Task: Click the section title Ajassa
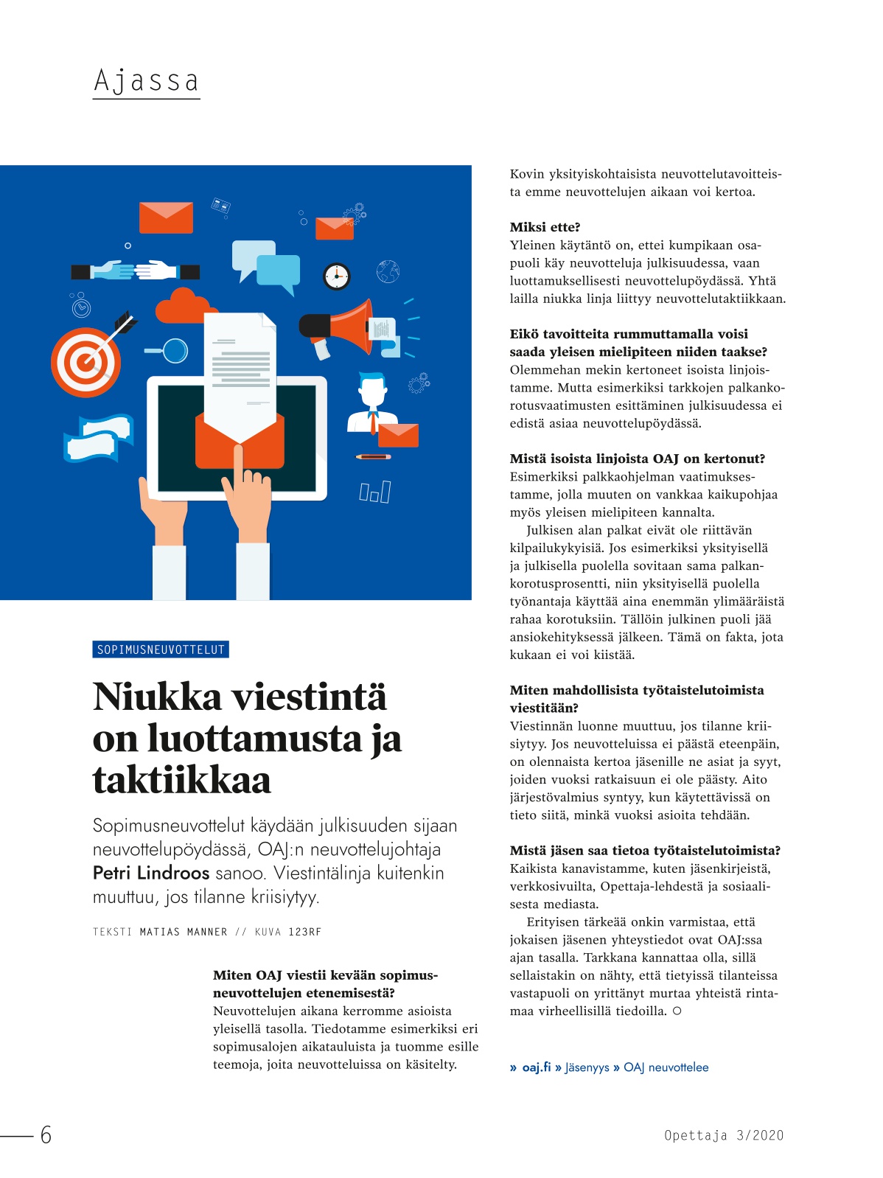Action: (146, 80)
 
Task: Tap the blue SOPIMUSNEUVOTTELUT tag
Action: (161, 649)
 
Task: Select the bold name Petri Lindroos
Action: (151, 874)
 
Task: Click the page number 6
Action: (46, 1135)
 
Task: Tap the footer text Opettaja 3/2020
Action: (723, 1135)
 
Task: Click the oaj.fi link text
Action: (536, 1067)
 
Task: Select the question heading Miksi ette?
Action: (545, 227)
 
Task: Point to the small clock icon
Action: (336, 276)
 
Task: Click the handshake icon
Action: (136, 271)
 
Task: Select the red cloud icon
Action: (181, 306)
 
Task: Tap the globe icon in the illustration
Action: (388, 271)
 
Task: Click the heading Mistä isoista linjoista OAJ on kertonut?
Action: (637, 459)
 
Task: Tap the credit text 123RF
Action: (304, 933)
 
